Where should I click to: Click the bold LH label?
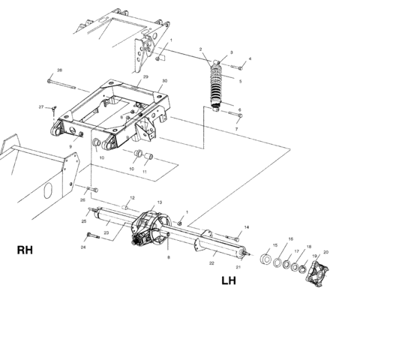pyautogui.click(x=229, y=282)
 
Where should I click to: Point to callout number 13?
pyautogui.click(x=159, y=203)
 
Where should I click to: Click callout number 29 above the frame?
pyautogui.click(x=145, y=76)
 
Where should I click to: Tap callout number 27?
pyautogui.click(x=41, y=107)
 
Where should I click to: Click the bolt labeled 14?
pyautogui.click(x=232, y=235)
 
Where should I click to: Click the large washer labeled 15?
pyautogui.click(x=267, y=259)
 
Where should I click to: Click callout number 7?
pyautogui.click(x=236, y=129)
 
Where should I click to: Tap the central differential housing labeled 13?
pyautogui.click(x=150, y=226)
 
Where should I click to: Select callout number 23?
pyautogui.click(x=106, y=233)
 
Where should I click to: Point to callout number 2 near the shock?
pyautogui.click(x=201, y=49)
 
